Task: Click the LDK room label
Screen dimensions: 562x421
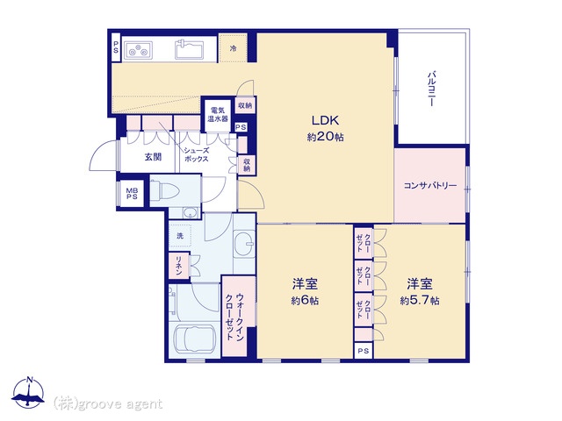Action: pos(325,120)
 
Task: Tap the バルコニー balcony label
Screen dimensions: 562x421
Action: pos(432,89)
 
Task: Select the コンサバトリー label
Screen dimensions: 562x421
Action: pos(430,185)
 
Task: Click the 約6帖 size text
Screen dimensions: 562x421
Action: pos(305,300)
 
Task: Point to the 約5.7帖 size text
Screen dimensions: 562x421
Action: pos(420,300)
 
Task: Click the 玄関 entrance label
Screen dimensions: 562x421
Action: pos(153,156)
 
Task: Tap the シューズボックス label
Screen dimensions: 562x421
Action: pos(196,154)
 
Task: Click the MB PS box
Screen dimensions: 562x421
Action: pos(132,194)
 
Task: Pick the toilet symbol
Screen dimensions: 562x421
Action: pos(164,190)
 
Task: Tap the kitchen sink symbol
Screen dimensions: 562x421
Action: pos(189,49)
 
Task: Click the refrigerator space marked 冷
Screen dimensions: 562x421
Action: pos(233,48)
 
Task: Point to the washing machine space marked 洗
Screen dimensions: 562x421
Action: pos(180,236)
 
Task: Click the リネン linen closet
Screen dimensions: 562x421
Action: pos(179,265)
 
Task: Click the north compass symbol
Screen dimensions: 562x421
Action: pos(28,393)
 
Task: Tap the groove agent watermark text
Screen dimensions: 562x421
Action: pos(108,404)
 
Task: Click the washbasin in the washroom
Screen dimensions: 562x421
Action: pos(245,244)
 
